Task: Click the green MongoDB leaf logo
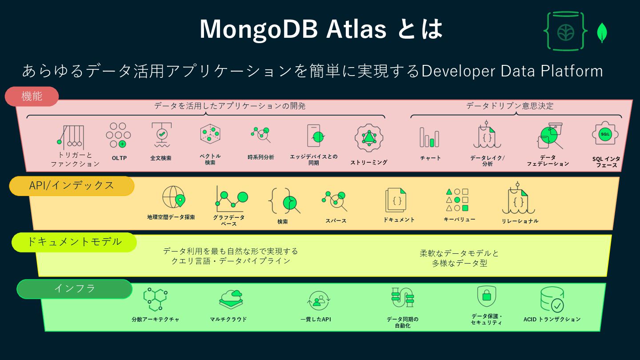click(x=602, y=32)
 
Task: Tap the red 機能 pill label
click(x=32, y=96)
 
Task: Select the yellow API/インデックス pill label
click(x=72, y=186)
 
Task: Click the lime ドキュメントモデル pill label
click(x=74, y=242)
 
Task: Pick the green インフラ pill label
click(x=75, y=288)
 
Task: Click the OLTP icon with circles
click(x=118, y=135)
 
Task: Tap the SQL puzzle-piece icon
click(x=605, y=134)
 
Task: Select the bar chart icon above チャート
click(x=429, y=137)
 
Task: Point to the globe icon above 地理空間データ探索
click(x=173, y=197)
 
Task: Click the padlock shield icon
click(x=486, y=296)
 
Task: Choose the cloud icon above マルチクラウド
click(x=231, y=299)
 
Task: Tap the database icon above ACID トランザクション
click(x=552, y=299)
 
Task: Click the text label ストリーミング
click(x=369, y=162)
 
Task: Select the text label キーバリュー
click(x=459, y=220)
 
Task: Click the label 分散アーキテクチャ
click(x=156, y=319)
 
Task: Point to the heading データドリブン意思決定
click(x=510, y=106)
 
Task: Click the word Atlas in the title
click(x=356, y=30)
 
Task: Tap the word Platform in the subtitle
click(x=572, y=71)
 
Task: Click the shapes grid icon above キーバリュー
click(x=457, y=200)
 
